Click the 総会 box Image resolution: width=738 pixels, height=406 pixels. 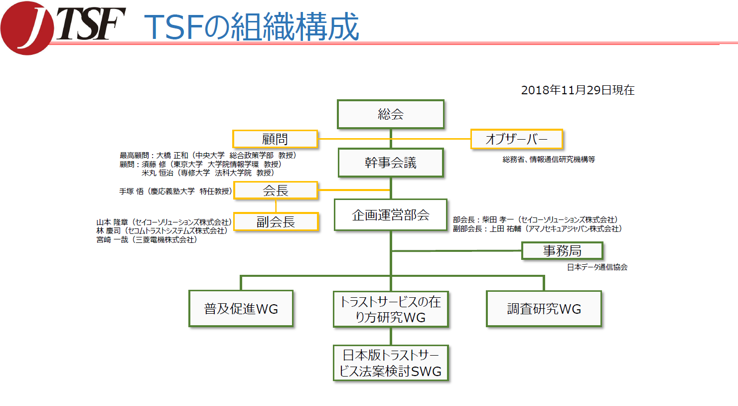click(390, 114)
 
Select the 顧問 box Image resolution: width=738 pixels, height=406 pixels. click(275, 139)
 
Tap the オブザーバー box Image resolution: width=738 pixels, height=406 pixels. click(516, 139)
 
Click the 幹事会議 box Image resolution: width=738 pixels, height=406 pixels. click(390, 163)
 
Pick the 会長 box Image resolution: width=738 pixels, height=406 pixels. click(276, 191)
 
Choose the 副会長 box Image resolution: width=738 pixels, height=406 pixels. click(276, 222)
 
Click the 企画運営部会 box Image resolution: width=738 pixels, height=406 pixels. click(390, 215)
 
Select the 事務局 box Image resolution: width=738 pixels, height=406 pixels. click(562, 251)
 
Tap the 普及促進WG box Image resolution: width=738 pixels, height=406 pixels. click(241, 309)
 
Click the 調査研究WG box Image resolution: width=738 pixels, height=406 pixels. click(544, 309)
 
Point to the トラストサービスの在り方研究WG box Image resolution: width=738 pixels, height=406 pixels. click(391, 309)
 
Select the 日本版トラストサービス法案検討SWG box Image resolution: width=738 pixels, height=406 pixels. click(391, 363)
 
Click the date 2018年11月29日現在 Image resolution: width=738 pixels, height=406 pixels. click(578, 90)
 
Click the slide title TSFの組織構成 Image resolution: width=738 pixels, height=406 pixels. click(252, 27)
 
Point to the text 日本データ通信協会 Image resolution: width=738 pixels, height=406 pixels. click(597, 267)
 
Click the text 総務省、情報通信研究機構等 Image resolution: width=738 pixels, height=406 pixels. click(549, 160)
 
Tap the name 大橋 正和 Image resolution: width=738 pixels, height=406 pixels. click(172, 156)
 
